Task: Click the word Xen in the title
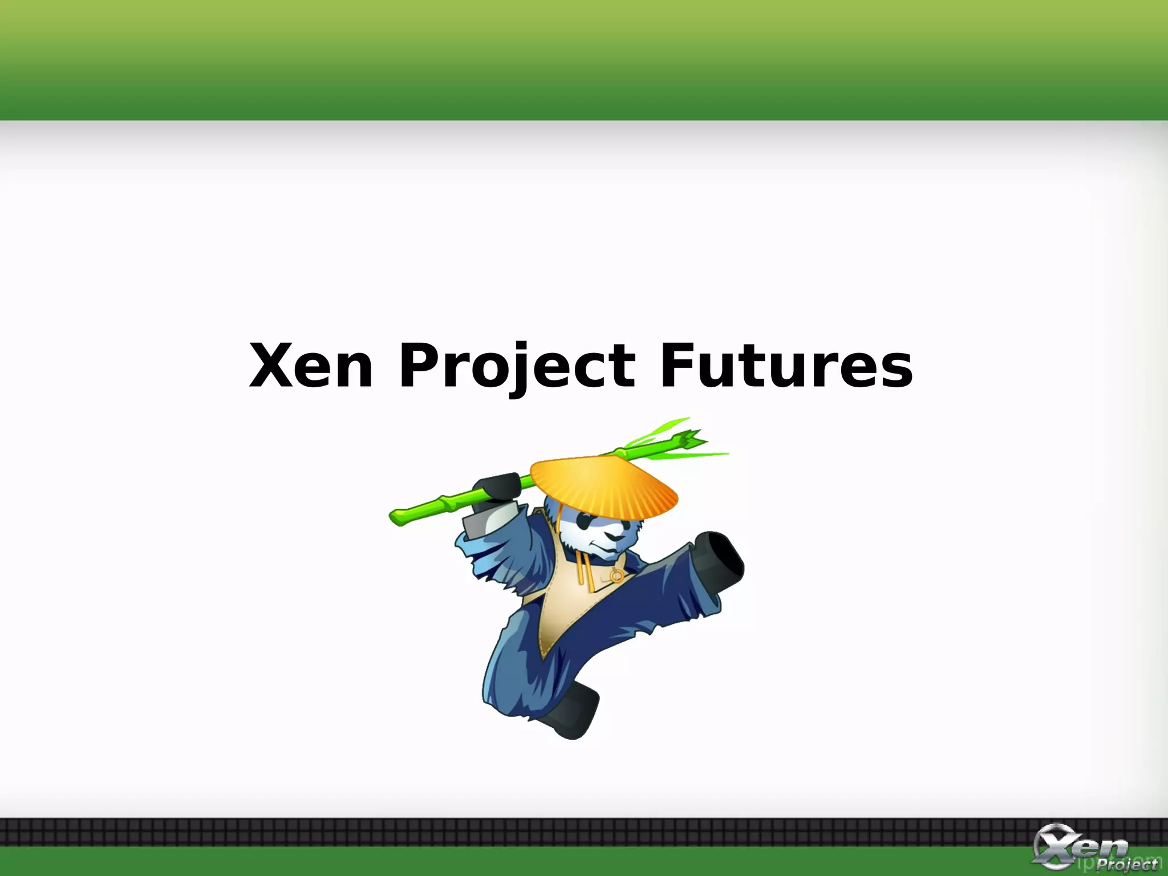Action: click(311, 366)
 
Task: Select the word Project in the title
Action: click(517, 366)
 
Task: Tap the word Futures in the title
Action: click(786, 366)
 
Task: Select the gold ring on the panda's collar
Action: click(616, 577)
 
